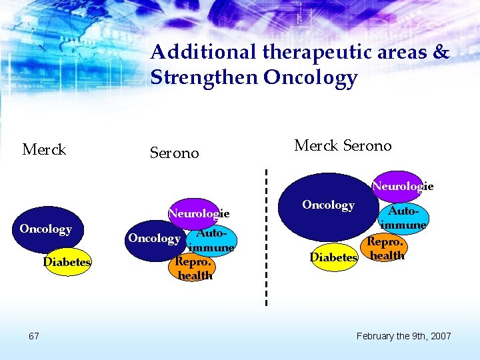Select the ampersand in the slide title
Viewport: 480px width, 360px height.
coord(441,52)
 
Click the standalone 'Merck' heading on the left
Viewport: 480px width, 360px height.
coord(44,149)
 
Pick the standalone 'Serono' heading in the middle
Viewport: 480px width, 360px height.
coord(174,153)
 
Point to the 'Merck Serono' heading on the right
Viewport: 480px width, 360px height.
coord(343,145)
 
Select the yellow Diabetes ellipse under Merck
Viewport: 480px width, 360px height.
coord(67,262)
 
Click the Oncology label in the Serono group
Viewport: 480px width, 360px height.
coord(153,239)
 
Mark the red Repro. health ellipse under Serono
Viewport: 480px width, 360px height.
coord(194,267)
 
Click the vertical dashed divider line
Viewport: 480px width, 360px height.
coord(266,240)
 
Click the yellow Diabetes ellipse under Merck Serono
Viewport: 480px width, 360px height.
coord(333,257)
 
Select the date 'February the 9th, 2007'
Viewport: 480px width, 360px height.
coord(403,335)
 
